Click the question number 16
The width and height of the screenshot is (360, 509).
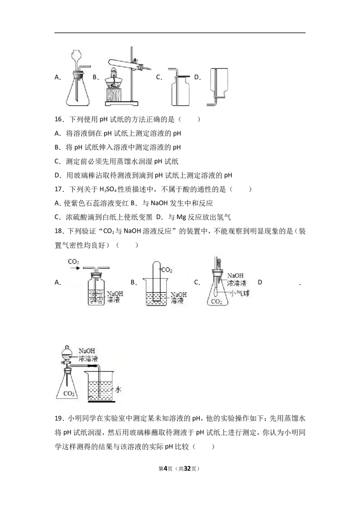pos(58,120)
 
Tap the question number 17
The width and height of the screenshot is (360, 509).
pos(58,189)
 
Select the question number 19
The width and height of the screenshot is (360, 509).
pos(58,419)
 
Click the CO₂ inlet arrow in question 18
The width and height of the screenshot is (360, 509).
pos(75,268)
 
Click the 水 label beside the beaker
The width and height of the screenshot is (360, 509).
pos(118,389)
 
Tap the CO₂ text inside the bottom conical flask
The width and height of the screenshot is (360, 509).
pos(69,394)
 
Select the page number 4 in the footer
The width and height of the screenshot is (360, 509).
pos(165,469)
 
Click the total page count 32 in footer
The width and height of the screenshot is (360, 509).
pos(187,469)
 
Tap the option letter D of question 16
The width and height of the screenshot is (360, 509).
pos(58,176)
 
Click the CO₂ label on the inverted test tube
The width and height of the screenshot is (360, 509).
pos(166,270)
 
